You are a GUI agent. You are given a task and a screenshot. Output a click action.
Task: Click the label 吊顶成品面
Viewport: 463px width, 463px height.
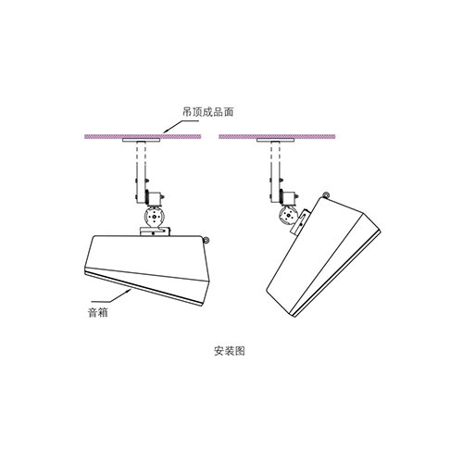(x=207, y=112)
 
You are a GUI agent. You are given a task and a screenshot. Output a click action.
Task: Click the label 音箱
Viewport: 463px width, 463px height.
(x=98, y=313)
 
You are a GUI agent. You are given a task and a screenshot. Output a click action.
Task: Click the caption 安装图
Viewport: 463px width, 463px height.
(x=230, y=351)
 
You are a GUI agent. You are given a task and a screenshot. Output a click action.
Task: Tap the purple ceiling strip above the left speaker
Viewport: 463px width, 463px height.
(x=143, y=136)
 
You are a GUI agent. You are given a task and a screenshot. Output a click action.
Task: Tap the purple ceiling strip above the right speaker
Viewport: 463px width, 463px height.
(x=277, y=136)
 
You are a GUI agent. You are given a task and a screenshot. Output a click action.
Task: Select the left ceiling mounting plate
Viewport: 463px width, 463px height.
(x=142, y=140)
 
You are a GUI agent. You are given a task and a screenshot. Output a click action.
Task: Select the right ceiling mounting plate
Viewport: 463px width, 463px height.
(x=275, y=140)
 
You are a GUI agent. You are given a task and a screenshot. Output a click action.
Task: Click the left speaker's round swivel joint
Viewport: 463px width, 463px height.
(x=154, y=218)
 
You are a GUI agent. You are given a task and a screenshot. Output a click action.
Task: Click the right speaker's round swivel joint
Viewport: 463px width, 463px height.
(x=288, y=215)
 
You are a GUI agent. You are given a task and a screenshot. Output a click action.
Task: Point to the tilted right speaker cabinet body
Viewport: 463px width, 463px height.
(x=322, y=257)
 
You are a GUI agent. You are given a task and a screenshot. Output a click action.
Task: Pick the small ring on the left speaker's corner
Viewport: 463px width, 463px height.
(x=206, y=240)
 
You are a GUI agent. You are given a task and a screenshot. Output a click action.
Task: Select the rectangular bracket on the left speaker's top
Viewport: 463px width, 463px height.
(x=155, y=231)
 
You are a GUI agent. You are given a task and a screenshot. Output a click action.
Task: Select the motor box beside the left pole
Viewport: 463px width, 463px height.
(x=156, y=198)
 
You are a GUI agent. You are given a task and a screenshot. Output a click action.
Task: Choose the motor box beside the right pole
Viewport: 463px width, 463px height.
(x=290, y=198)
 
